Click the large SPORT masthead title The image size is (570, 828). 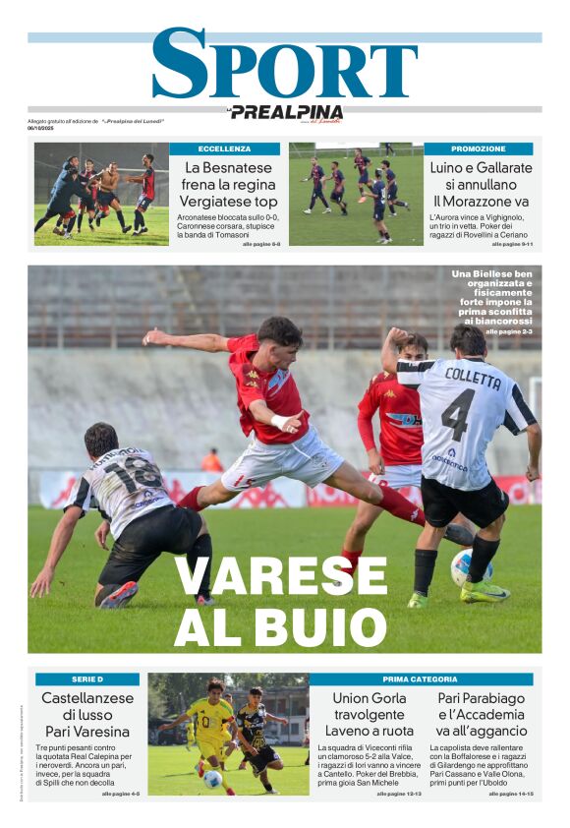pos(284,65)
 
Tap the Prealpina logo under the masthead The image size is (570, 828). pos(285,112)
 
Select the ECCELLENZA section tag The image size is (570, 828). pos(224,148)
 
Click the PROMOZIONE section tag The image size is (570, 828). pos(479,148)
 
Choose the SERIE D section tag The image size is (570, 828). pos(86,680)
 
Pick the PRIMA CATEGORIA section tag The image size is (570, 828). pos(421,680)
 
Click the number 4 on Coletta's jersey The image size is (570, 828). pos(457,414)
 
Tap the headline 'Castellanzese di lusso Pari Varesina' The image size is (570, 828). pos(86,715)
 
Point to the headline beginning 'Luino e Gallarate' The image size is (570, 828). pos(480,185)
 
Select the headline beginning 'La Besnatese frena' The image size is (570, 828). pos(224,185)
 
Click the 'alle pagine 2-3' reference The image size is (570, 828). pos(508,332)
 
